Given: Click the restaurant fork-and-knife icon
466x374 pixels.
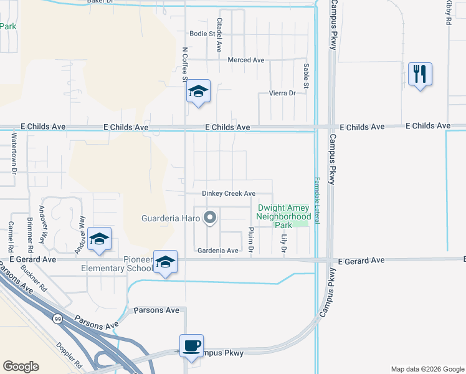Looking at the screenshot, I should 420,74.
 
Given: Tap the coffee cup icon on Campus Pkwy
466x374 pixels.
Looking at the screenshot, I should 191,345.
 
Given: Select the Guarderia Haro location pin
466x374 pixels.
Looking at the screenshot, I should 210,218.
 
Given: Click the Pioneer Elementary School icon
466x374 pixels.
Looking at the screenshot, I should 165,262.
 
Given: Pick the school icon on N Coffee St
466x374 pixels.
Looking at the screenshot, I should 198,92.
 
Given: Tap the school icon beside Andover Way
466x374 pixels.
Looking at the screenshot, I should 99,239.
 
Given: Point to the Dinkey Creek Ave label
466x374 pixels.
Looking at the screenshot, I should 229,193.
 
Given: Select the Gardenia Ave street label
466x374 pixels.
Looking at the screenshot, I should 217,251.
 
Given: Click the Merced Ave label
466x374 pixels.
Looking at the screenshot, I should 246,60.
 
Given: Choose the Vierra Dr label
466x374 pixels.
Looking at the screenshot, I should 282,93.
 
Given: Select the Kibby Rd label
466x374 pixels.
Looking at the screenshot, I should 448,12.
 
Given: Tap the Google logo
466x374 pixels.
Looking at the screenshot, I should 21,367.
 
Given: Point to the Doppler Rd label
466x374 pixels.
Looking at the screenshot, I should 70,355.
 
